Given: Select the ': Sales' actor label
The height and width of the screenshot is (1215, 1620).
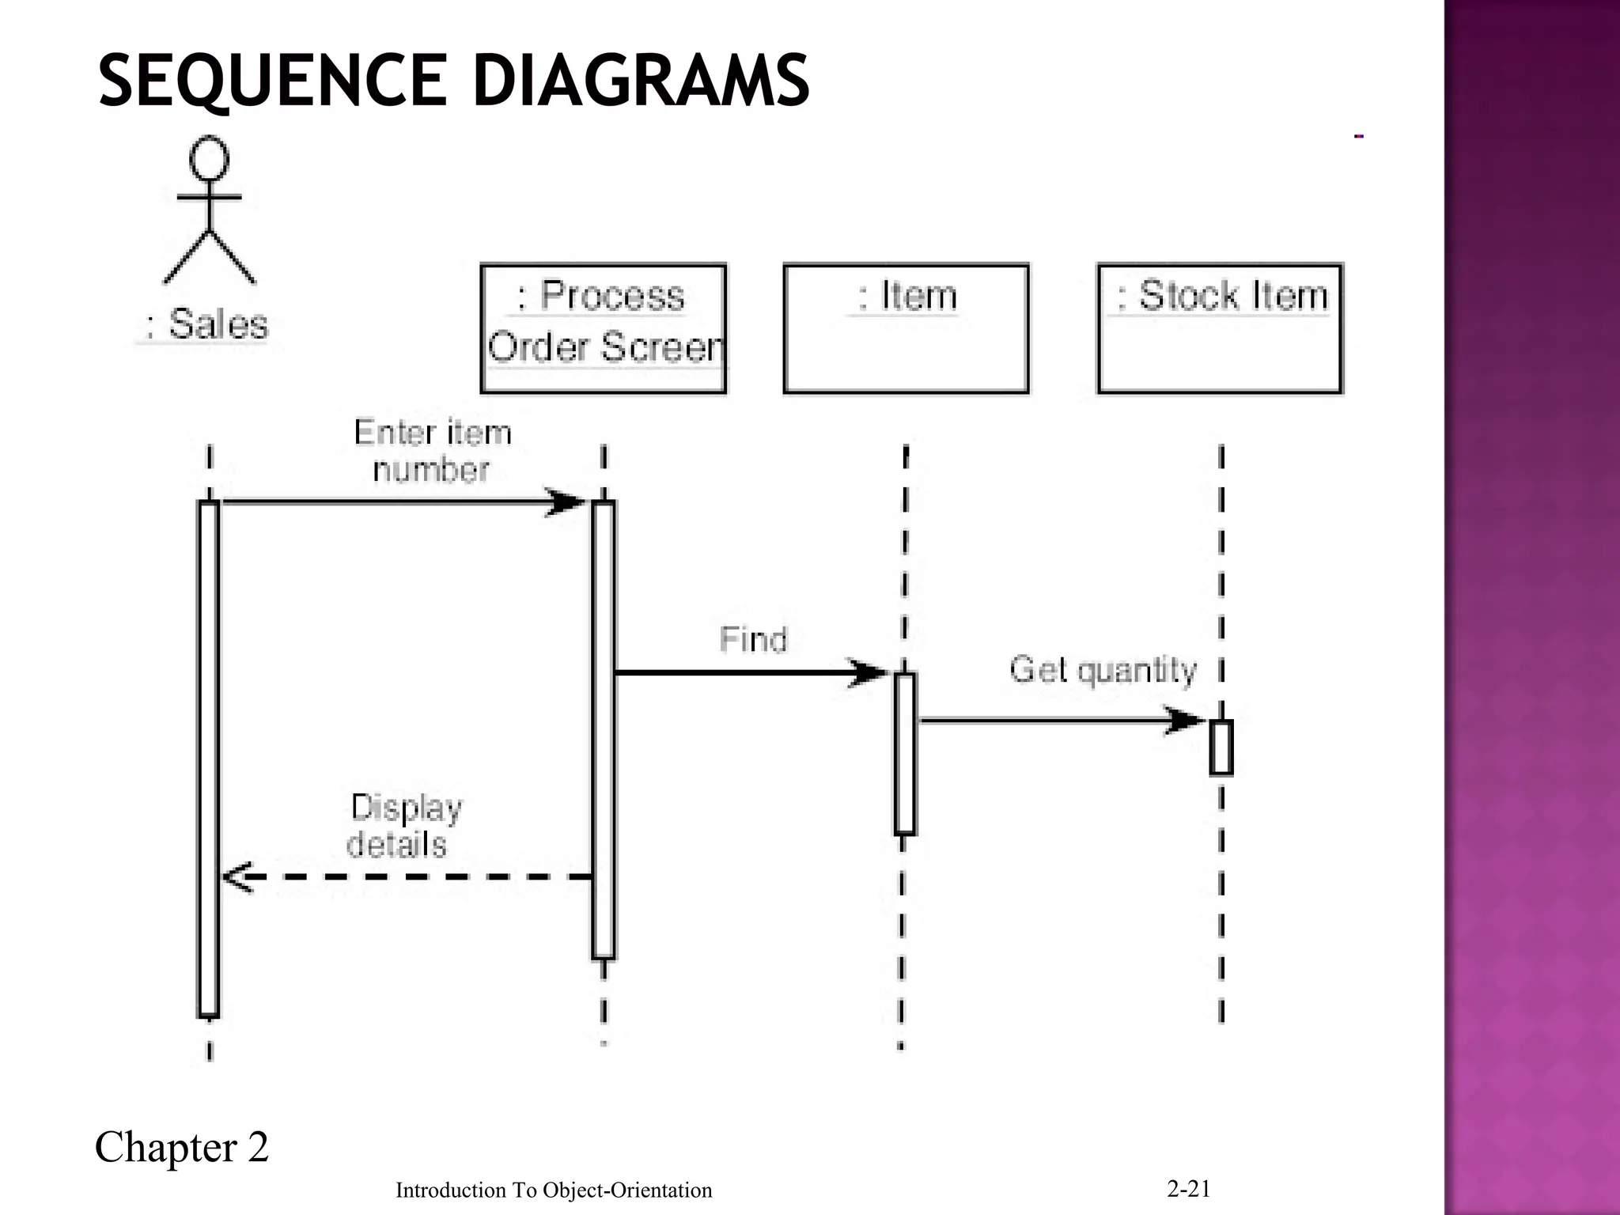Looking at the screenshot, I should (208, 324).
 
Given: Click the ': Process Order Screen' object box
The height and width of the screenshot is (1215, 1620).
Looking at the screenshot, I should (603, 328).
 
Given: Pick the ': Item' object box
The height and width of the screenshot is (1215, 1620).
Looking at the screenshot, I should (906, 328).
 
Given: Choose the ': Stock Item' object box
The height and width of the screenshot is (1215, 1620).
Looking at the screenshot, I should (1220, 328).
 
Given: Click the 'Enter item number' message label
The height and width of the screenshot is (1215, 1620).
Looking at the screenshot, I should (432, 451).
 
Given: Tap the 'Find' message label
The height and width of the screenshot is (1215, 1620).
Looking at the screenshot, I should (753, 639).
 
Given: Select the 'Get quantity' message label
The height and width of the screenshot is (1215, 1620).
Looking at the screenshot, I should (1103, 670).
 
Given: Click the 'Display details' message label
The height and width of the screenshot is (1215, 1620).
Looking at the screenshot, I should (403, 826).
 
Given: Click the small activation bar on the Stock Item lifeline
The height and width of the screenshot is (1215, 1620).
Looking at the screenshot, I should (1221, 748).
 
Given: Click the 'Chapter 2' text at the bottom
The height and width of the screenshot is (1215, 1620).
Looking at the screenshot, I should (182, 1147).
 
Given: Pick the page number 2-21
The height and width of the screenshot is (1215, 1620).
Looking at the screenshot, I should (1188, 1188).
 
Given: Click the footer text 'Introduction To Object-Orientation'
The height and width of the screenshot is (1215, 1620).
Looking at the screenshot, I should (554, 1190).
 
